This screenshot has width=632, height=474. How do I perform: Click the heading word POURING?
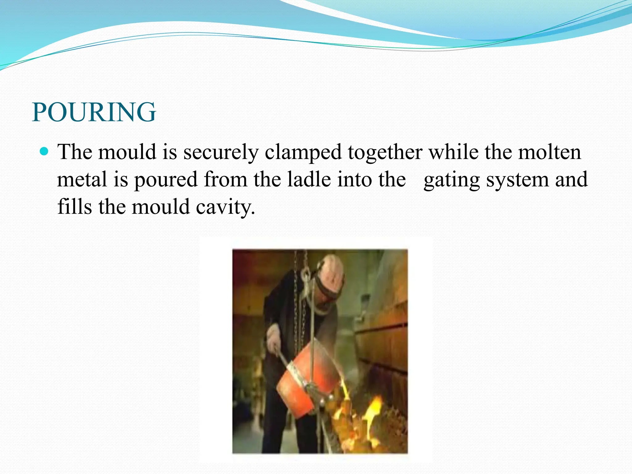pyautogui.click(x=94, y=112)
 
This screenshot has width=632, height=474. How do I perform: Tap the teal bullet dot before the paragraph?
pyautogui.click(x=45, y=151)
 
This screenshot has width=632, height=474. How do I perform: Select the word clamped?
pyautogui.click(x=303, y=152)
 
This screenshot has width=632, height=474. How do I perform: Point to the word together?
pyautogui.click(x=385, y=152)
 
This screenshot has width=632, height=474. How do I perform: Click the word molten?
pyautogui.click(x=549, y=152)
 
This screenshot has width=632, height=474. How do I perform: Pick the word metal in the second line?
pyautogui.click(x=82, y=180)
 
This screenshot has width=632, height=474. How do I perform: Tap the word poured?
pyautogui.click(x=166, y=180)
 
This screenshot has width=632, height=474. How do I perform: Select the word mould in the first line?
pyautogui.click(x=127, y=152)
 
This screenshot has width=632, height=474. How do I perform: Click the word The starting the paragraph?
pyautogui.click(x=75, y=152)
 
